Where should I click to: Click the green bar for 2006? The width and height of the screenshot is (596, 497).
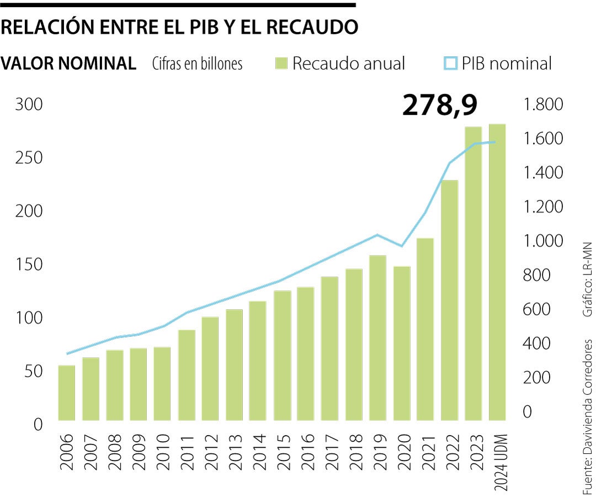[x=67, y=392]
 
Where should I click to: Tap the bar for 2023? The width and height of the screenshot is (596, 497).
[x=473, y=273]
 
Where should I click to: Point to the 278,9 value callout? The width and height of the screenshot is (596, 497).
[x=439, y=105]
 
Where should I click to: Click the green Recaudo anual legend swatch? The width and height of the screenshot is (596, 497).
[x=281, y=64]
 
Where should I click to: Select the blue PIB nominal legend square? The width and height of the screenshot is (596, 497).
[x=450, y=64]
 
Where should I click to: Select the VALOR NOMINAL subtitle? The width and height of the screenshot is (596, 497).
[x=68, y=64]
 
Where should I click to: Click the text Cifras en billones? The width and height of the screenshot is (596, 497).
[x=197, y=64]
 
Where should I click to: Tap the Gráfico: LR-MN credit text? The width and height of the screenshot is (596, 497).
[x=587, y=279]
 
